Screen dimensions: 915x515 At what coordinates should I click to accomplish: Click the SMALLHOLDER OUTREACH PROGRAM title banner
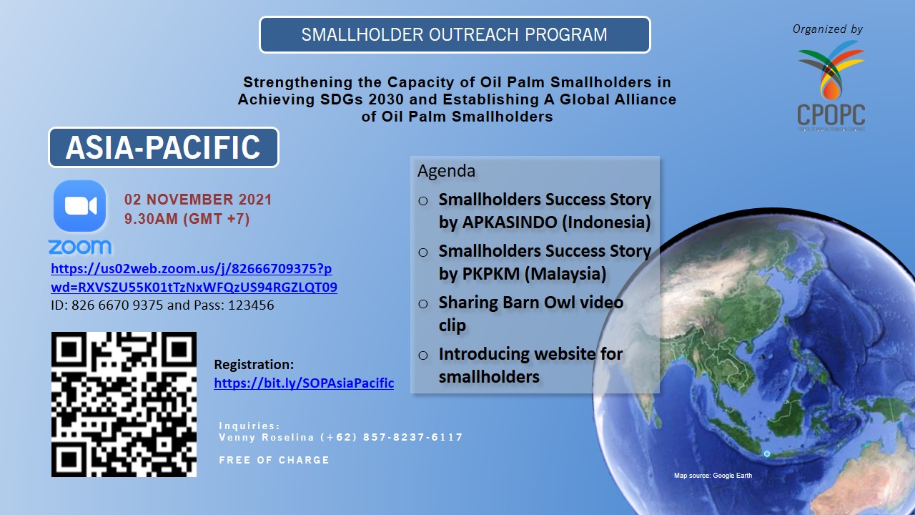click(x=455, y=35)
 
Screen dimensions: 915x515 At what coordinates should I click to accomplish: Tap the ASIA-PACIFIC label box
click(x=164, y=147)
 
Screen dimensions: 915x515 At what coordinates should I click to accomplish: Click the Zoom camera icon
click(x=79, y=206)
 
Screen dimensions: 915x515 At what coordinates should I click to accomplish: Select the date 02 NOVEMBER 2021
click(x=198, y=200)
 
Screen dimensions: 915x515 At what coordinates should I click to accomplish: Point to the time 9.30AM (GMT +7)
click(x=187, y=219)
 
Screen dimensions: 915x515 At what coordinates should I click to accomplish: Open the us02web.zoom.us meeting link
click(x=194, y=278)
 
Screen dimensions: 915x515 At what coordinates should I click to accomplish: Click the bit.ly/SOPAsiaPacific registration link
click(x=304, y=383)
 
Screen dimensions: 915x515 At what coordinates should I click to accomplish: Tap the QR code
click(x=124, y=404)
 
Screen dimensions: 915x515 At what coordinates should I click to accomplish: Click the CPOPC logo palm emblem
click(x=831, y=70)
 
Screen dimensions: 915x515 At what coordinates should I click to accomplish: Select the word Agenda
click(x=447, y=171)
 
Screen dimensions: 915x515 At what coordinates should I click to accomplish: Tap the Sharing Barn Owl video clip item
click(x=531, y=314)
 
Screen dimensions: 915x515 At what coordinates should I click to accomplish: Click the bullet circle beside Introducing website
click(x=423, y=355)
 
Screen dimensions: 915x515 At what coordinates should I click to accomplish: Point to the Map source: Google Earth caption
click(x=713, y=476)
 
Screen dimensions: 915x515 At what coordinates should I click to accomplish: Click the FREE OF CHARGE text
click(x=274, y=460)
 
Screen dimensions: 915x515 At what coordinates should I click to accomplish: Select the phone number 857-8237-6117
click(x=413, y=437)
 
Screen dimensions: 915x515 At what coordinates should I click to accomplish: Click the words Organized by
click(x=828, y=29)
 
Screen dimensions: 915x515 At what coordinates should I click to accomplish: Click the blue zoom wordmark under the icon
click(x=79, y=247)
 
